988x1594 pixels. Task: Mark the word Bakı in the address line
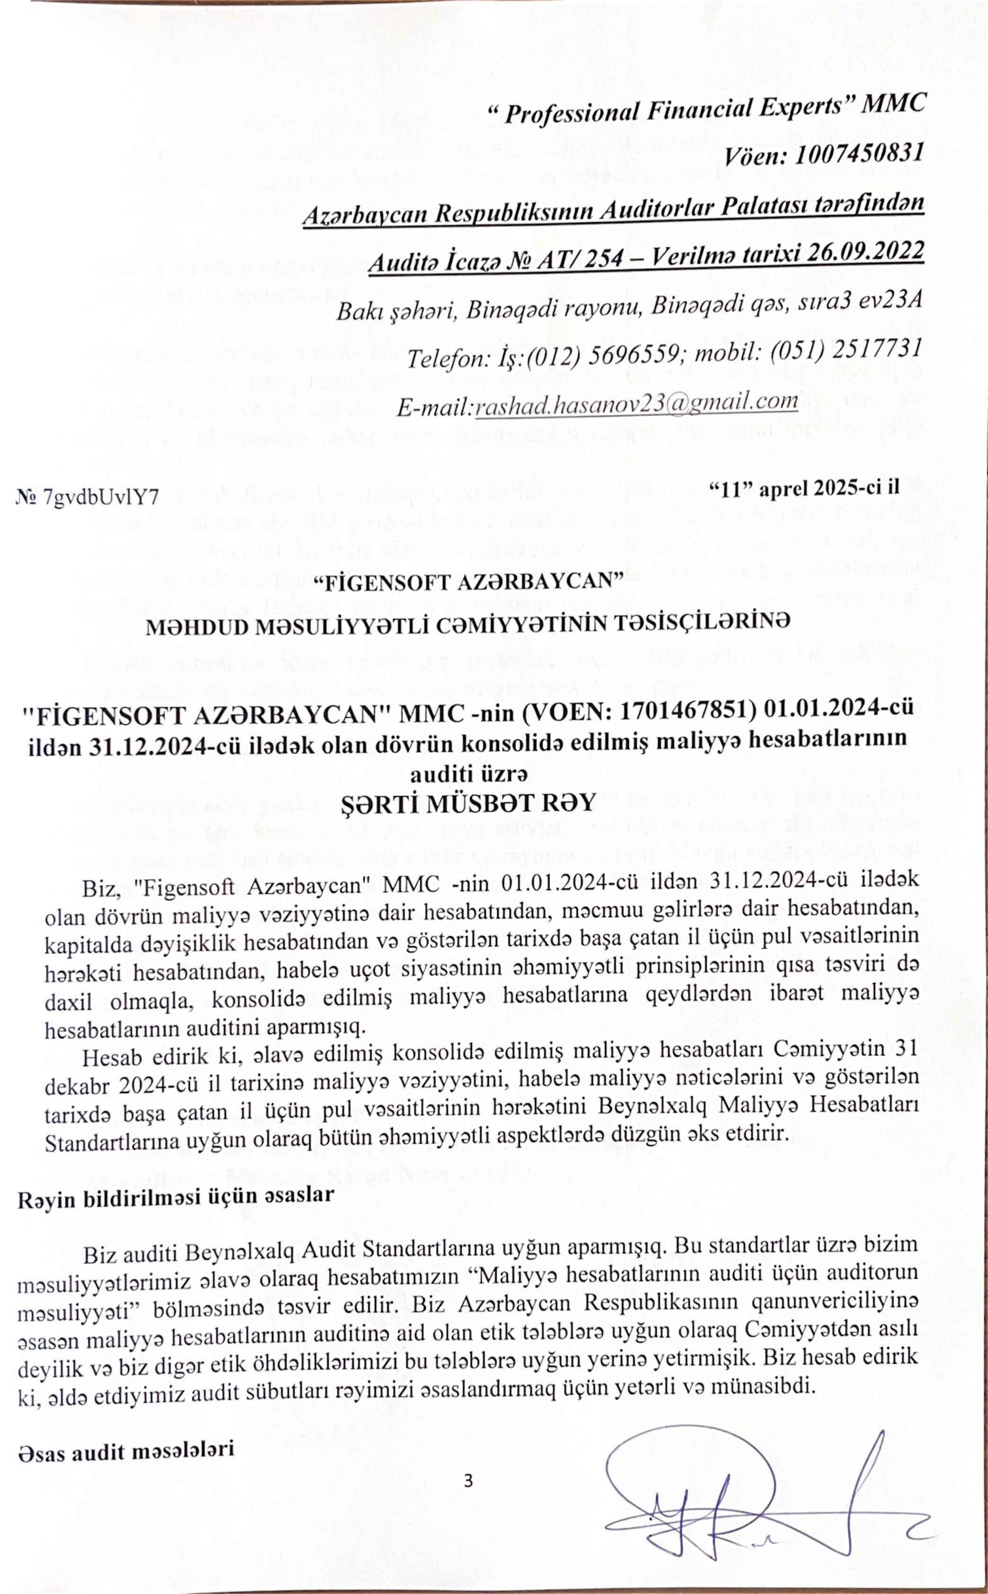click(x=357, y=312)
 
